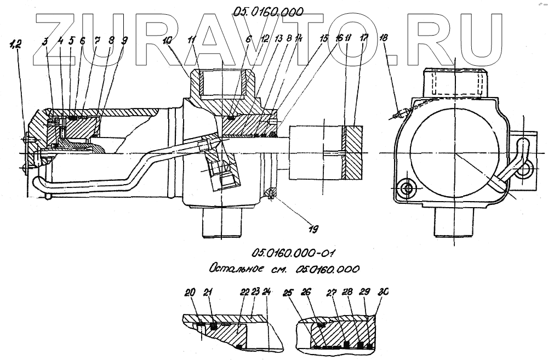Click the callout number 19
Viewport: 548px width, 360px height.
click(314, 228)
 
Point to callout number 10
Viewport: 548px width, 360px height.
click(167, 41)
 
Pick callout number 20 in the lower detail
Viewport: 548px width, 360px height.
click(190, 293)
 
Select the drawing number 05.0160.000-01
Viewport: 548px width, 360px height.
click(293, 253)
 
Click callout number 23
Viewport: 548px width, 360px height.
click(255, 293)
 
